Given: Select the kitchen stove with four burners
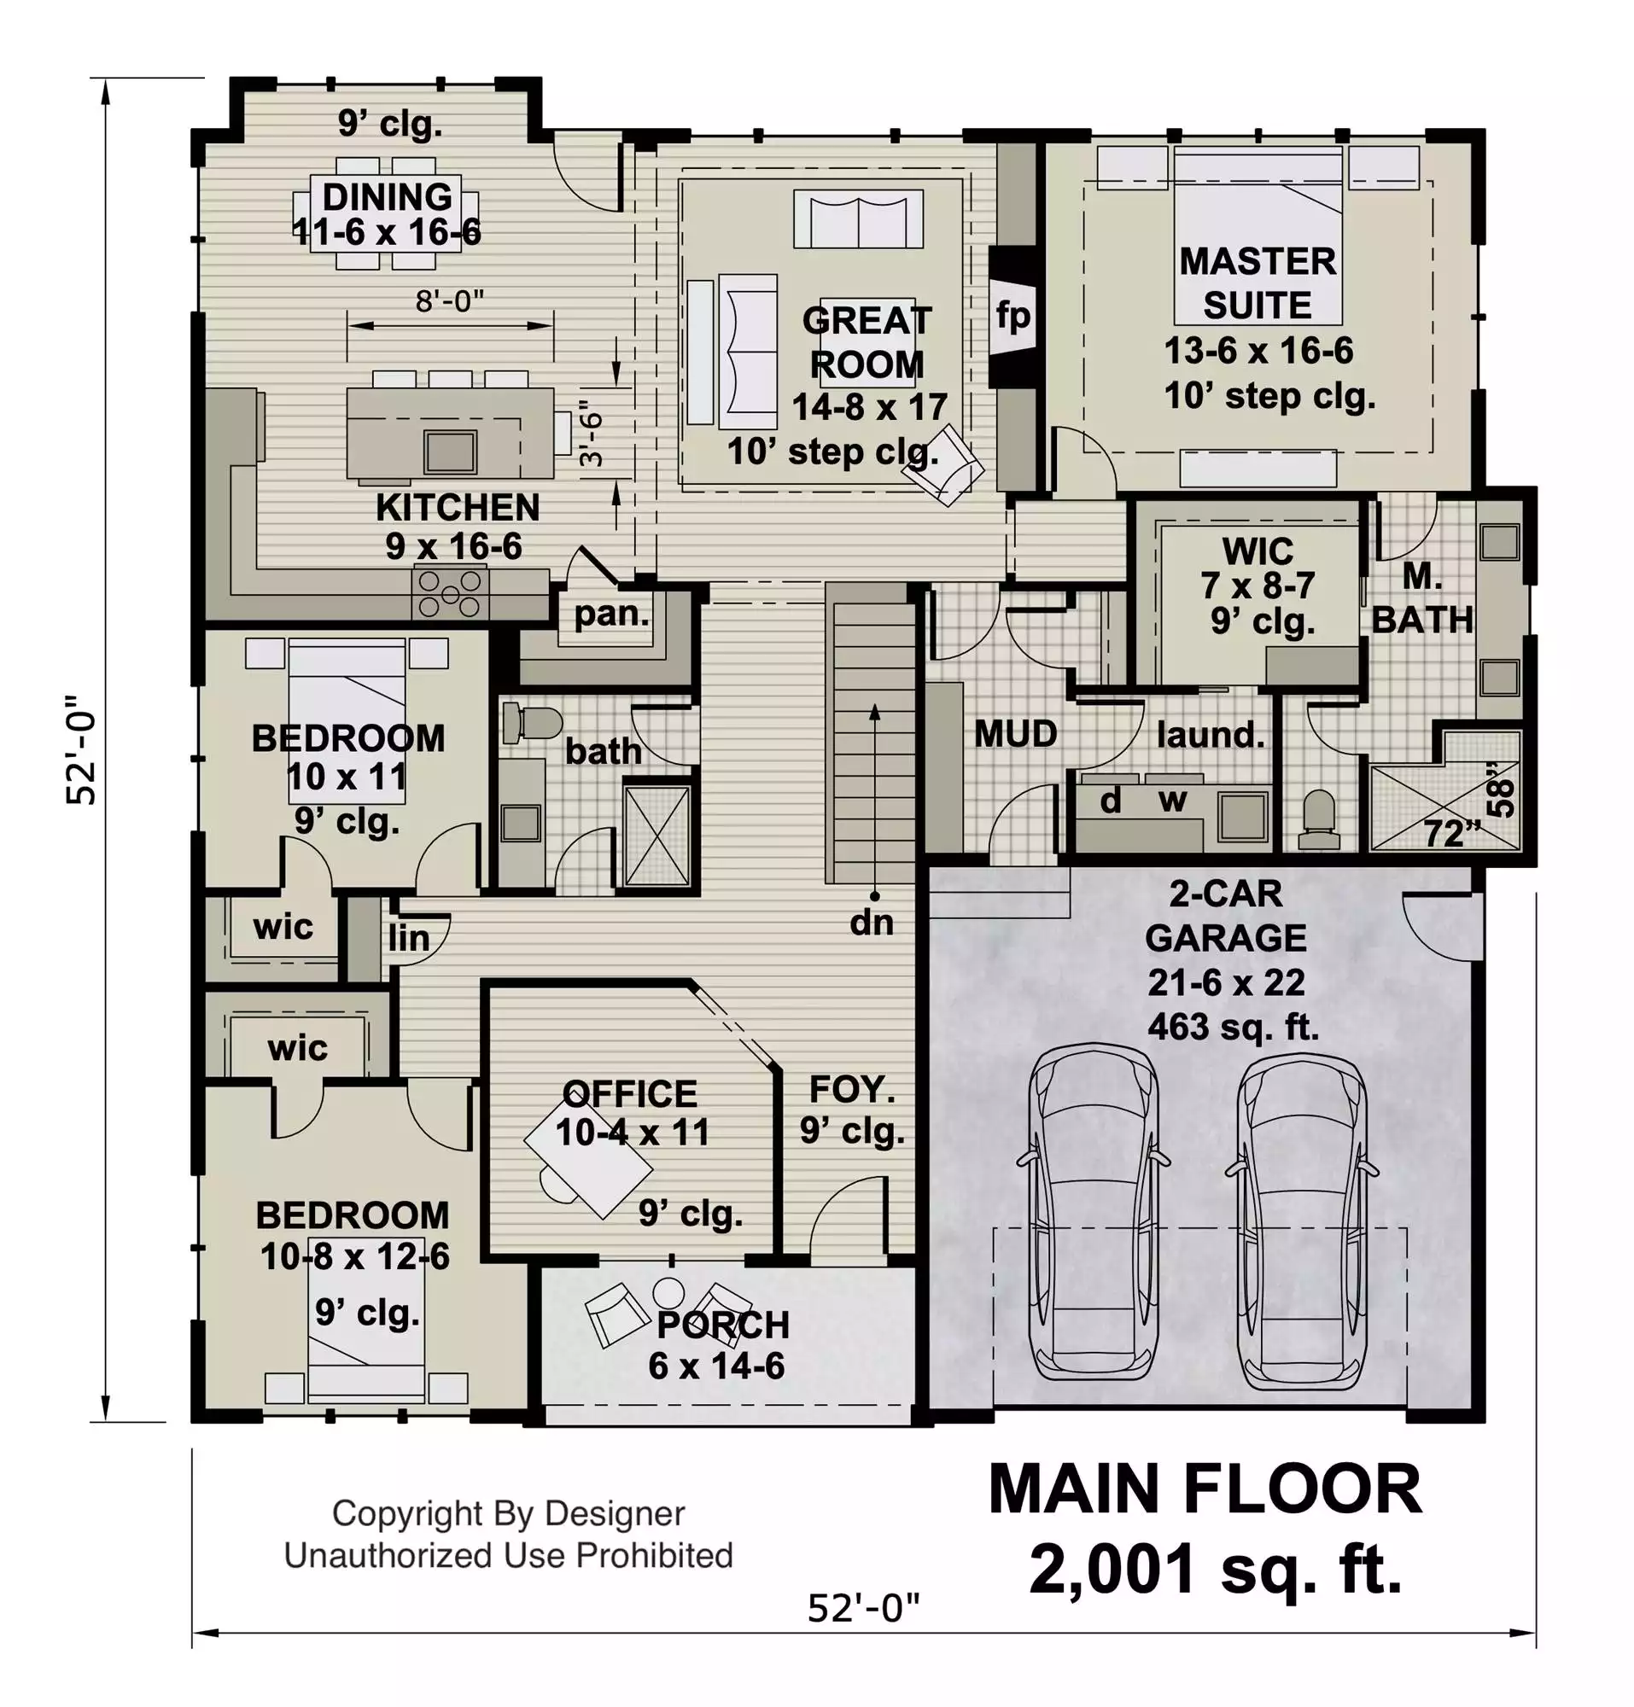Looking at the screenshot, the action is [x=450, y=593].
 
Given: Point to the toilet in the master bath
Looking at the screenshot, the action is [x=1319, y=819].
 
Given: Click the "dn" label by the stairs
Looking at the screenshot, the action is [x=872, y=923].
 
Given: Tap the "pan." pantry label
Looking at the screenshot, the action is [x=611, y=614].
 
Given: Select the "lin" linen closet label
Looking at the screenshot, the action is [x=408, y=938].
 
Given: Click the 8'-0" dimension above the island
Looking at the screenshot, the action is [x=449, y=301].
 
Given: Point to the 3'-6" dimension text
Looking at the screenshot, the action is [x=591, y=433].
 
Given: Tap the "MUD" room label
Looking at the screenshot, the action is [x=1016, y=733].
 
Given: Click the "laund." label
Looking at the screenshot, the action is [x=1211, y=735].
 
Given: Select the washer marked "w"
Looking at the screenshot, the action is [x=1172, y=799].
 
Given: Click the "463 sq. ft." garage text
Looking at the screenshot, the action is [x=1234, y=1027].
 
